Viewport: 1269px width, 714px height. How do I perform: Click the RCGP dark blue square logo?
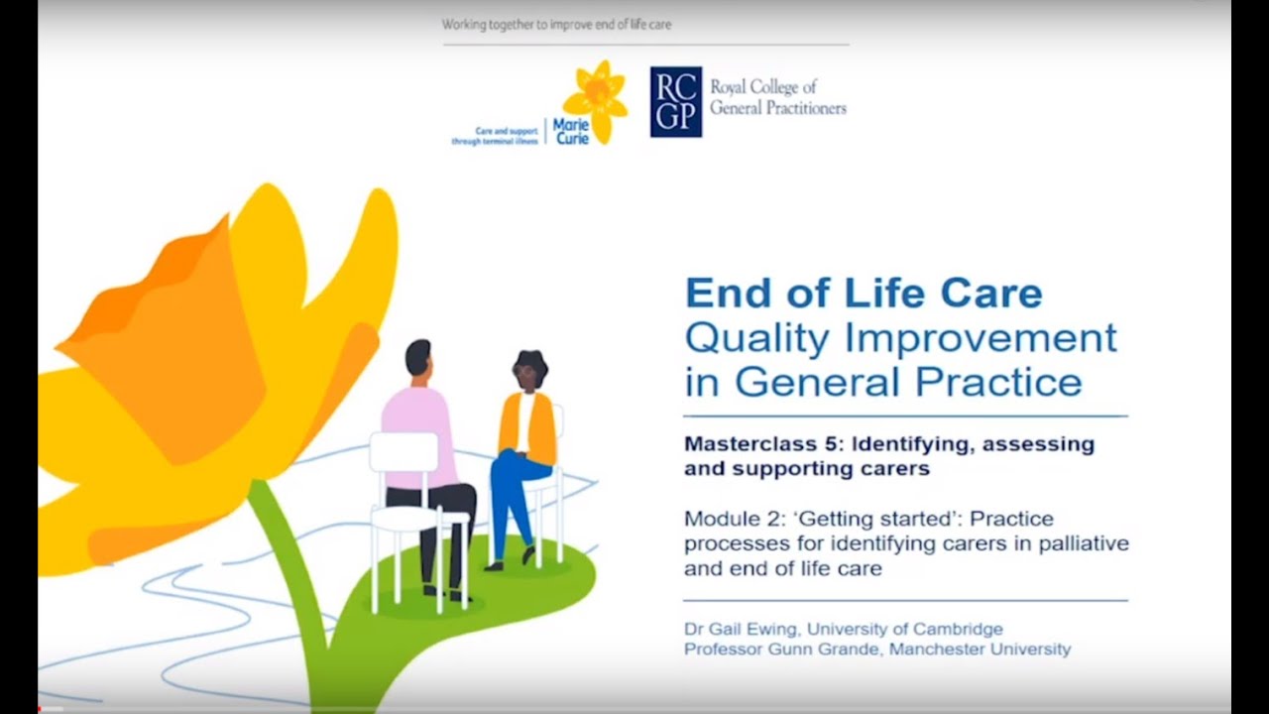(x=676, y=101)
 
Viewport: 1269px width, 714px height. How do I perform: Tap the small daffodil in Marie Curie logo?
(x=595, y=99)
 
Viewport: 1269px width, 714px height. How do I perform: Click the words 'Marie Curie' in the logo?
(x=571, y=132)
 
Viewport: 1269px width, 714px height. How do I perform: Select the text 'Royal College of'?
(x=763, y=88)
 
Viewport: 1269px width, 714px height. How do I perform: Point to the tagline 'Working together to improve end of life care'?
(x=556, y=24)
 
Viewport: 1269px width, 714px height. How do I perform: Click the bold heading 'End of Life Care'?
(x=864, y=294)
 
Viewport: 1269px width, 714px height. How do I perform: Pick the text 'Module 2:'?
(x=720, y=519)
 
